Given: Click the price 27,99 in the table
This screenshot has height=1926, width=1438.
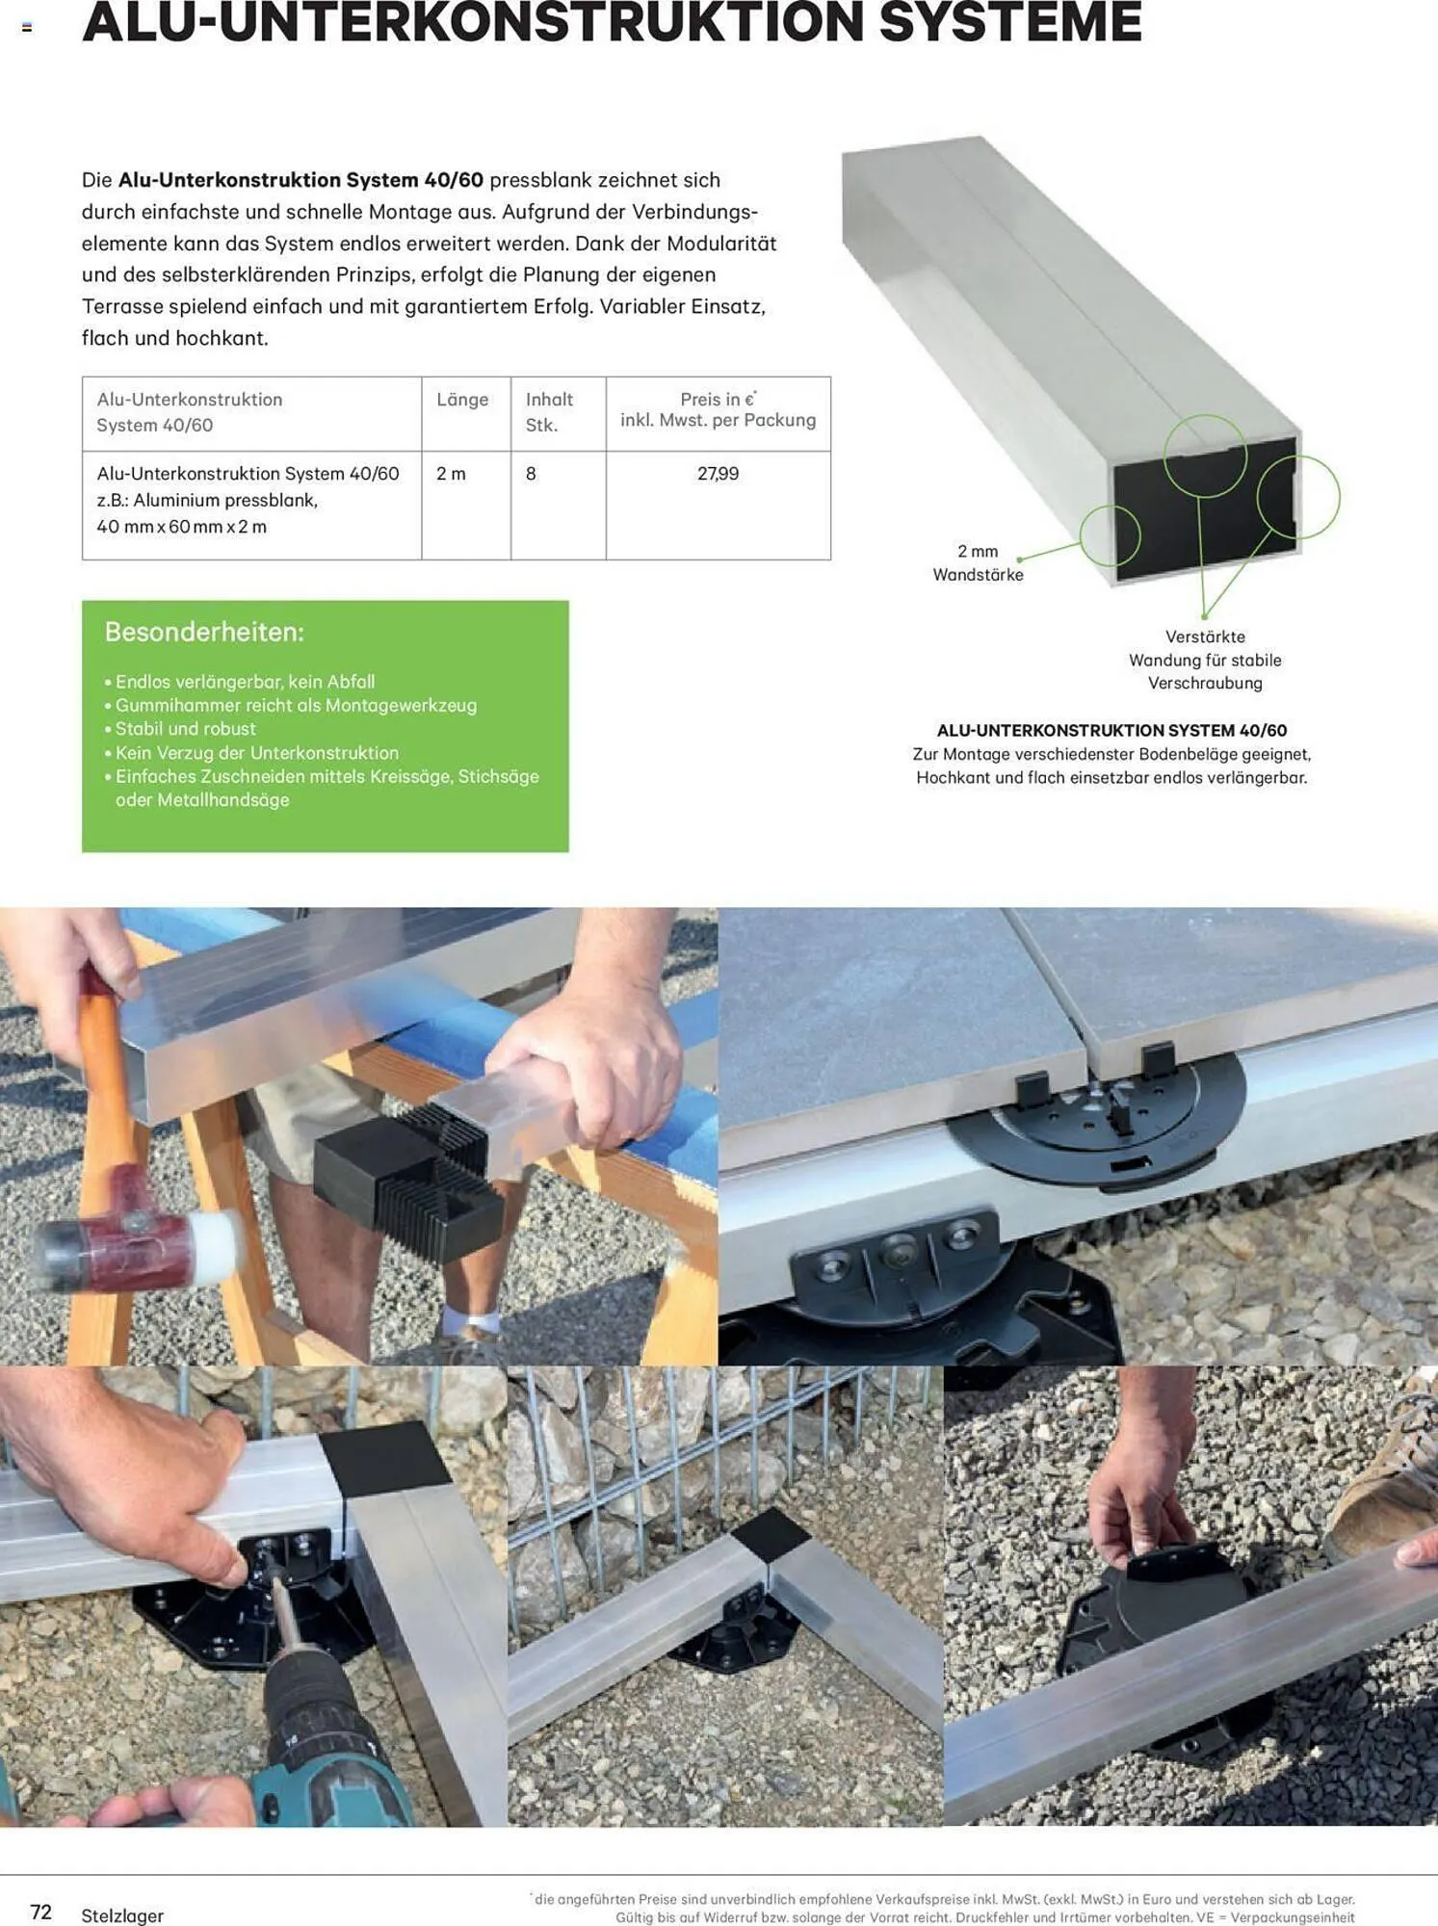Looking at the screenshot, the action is pyautogui.click(x=718, y=474).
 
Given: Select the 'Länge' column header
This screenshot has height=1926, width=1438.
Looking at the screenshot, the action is pyautogui.click(x=462, y=400).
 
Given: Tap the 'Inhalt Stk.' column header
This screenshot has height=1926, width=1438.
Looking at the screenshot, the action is pyautogui.click(x=549, y=412).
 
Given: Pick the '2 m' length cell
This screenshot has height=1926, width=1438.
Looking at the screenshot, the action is pyautogui.click(x=451, y=474).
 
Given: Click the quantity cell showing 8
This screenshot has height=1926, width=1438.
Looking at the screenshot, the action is pyautogui.click(x=531, y=474).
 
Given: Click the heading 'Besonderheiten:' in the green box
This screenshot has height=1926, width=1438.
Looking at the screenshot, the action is pyautogui.click(x=204, y=632).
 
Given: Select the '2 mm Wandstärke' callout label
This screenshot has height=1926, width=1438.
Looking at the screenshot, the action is pyautogui.click(x=978, y=562).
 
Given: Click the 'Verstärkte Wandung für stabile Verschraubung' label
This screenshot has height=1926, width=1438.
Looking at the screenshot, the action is pyautogui.click(x=1205, y=660).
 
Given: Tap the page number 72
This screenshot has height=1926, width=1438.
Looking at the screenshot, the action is pyautogui.click(x=40, y=1912).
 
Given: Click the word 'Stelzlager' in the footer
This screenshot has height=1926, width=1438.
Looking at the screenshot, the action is pyautogui.click(x=122, y=1915).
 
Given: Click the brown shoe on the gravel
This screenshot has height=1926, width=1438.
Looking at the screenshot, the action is pyautogui.click(x=1381, y=1473).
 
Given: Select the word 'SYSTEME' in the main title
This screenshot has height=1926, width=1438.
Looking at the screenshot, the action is pyautogui.click(x=1010, y=21).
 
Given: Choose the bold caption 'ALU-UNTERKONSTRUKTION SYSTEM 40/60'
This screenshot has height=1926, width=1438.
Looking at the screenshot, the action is pyautogui.click(x=1111, y=731).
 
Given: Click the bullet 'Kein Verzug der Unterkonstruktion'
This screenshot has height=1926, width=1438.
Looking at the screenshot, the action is pyautogui.click(x=251, y=753).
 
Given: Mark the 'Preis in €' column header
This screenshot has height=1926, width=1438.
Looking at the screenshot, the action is pyautogui.click(x=718, y=399).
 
